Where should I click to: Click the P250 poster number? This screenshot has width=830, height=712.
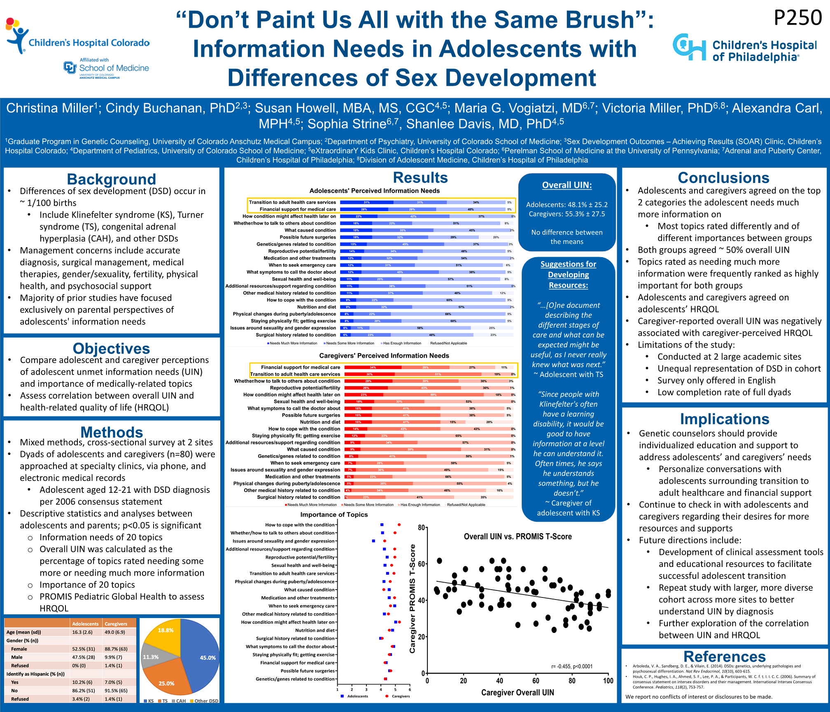tap(797, 18)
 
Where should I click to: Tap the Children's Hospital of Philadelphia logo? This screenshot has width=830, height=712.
tap(744, 48)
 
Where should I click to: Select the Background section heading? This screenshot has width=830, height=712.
tap(111, 179)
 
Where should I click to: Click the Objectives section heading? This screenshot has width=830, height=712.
tap(111, 349)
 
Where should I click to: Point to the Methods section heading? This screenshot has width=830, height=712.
tap(112, 432)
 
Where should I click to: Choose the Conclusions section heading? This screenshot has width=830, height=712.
tap(723, 178)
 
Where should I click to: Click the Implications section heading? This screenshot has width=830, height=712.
tap(724, 419)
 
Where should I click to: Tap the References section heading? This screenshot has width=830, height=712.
tap(724, 656)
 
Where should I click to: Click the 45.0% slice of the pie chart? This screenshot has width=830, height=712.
tap(202, 655)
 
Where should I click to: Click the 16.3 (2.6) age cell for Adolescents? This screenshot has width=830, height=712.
tap(82, 632)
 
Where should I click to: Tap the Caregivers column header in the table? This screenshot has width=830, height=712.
tap(116, 624)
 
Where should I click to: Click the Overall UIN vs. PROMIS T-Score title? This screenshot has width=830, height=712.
tap(518, 536)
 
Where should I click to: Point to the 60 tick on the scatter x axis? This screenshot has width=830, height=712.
tap(536, 681)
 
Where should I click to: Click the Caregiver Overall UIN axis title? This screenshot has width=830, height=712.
tap(518, 693)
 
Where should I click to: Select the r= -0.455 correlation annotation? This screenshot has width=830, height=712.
tap(572, 666)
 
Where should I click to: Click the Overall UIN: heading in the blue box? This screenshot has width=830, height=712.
tap(567, 185)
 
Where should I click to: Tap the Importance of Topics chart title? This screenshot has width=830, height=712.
tap(334, 514)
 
